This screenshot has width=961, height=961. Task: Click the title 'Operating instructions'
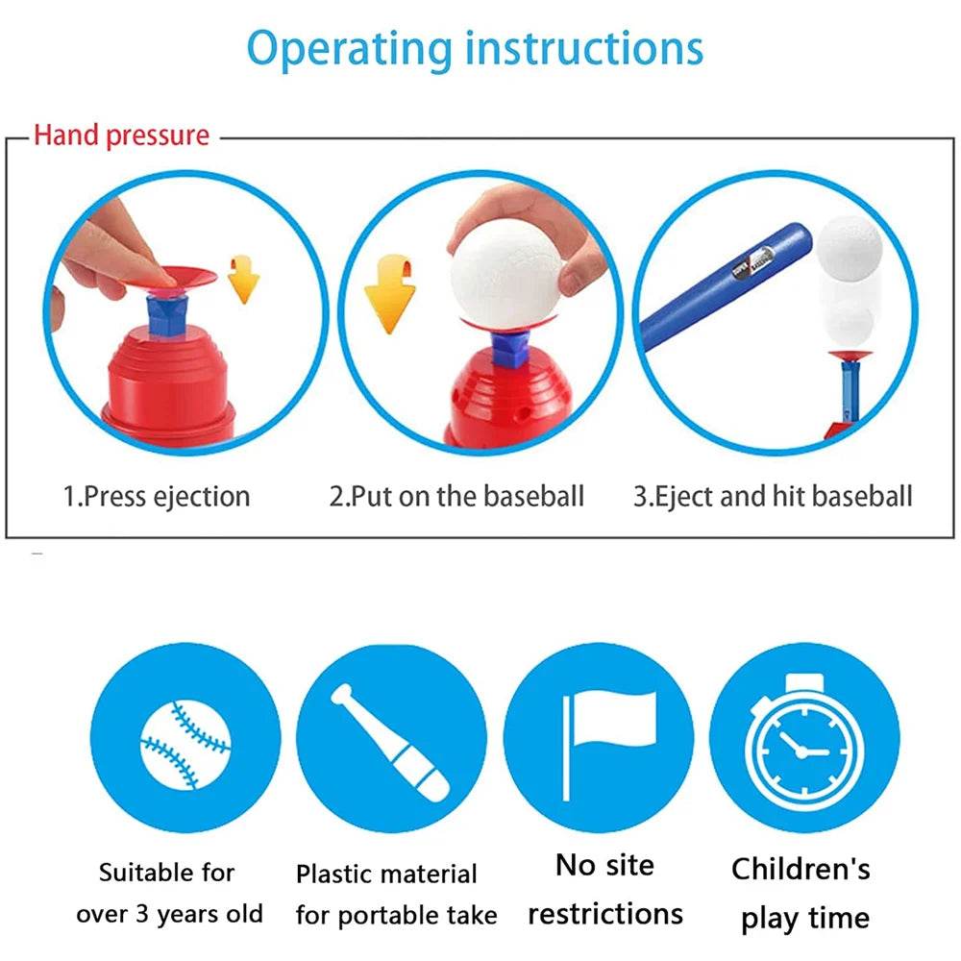click(x=475, y=50)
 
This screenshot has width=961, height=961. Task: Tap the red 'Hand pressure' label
click(x=121, y=135)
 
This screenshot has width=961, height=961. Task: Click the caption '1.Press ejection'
click(x=157, y=497)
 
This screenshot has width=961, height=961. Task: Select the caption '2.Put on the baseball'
click(x=456, y=496)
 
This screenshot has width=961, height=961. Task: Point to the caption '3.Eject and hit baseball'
click(x=773, y=497)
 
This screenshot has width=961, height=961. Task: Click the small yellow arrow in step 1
click(x=243, y=280)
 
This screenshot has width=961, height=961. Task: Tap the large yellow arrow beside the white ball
click(x=390, y=294)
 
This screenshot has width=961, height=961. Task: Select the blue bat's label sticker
click(x=752, y=261)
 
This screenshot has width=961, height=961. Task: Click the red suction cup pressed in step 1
click(x=178, y=278)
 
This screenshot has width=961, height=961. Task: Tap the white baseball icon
click(x=185, y=746)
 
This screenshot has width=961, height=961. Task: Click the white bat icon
click(x=390, y=743)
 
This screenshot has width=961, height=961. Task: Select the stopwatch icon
click(x=804, y=742)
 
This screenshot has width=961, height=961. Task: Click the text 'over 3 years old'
click(x=170, y=914)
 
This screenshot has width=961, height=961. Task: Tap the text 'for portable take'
click(x=397, y=915)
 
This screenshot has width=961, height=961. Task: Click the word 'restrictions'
click(x=605, y=914)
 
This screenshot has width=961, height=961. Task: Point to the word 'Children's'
click(x=801, y=869)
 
